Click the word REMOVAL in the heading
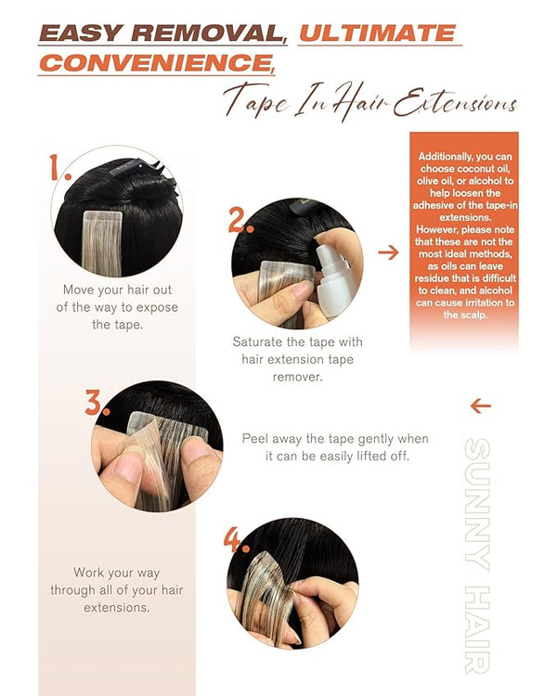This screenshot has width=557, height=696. click(x=208, y=33)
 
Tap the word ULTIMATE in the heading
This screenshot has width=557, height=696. click(x=378, y=33)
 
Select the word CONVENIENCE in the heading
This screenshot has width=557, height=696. click(x=156, y=62)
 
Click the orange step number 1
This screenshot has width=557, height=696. click(x=58, y=167)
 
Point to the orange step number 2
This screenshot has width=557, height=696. click(x=240, y=221)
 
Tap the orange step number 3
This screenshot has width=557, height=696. click(x=97, y=403)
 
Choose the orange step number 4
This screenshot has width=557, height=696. click(x=236, y=540)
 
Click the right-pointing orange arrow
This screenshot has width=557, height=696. click(x=388, y=252)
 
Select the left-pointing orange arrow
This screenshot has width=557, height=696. click(x=481, y=406)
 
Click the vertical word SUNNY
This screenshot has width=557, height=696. click(x=477, y=504)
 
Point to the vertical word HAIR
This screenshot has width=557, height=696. click(x=477, y=629)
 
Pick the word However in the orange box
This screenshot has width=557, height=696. click(x=436, y=230)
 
